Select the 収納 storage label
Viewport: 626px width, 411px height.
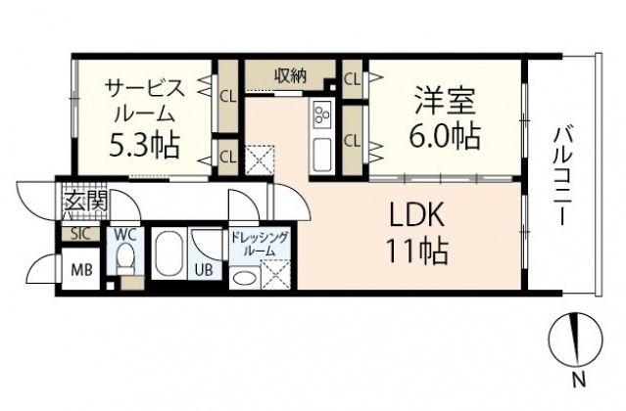(288, 75)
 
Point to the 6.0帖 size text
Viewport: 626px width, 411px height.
(446, 135)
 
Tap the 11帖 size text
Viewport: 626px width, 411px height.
(415, 252)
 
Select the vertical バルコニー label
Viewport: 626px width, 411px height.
(562, 176)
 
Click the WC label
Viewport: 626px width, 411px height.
(124, 235)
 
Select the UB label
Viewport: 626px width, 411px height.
(205, 270)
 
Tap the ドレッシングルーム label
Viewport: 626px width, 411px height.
(259, 243)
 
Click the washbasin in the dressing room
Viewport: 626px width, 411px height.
(245, 278)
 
